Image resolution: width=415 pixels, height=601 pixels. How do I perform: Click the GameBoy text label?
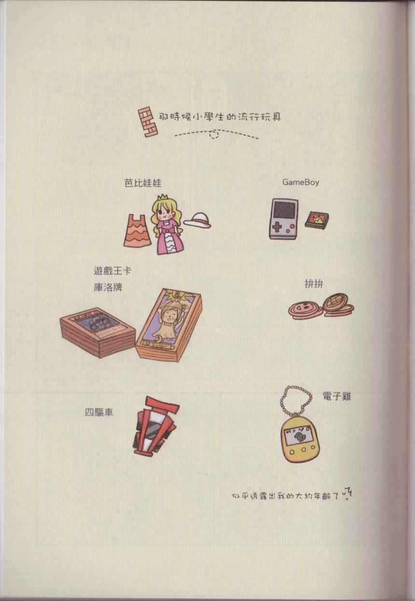pos(301,182)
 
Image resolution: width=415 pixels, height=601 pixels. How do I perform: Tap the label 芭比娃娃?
pos(143,183)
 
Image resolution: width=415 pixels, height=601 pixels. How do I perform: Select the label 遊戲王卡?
pos(112,271)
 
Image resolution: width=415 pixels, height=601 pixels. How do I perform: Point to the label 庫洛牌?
pos(108,287)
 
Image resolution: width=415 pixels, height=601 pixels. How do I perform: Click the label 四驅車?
pos(99,412)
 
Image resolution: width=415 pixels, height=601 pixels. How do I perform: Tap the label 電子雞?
pos(337,396)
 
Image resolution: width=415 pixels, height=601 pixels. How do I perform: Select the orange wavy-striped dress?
pos(137,230)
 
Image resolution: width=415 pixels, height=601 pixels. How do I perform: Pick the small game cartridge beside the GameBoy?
pos(317,220)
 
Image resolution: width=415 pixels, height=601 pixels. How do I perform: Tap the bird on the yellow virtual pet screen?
pos(297,438)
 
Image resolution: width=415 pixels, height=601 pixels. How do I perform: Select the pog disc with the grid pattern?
pos(337,305)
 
